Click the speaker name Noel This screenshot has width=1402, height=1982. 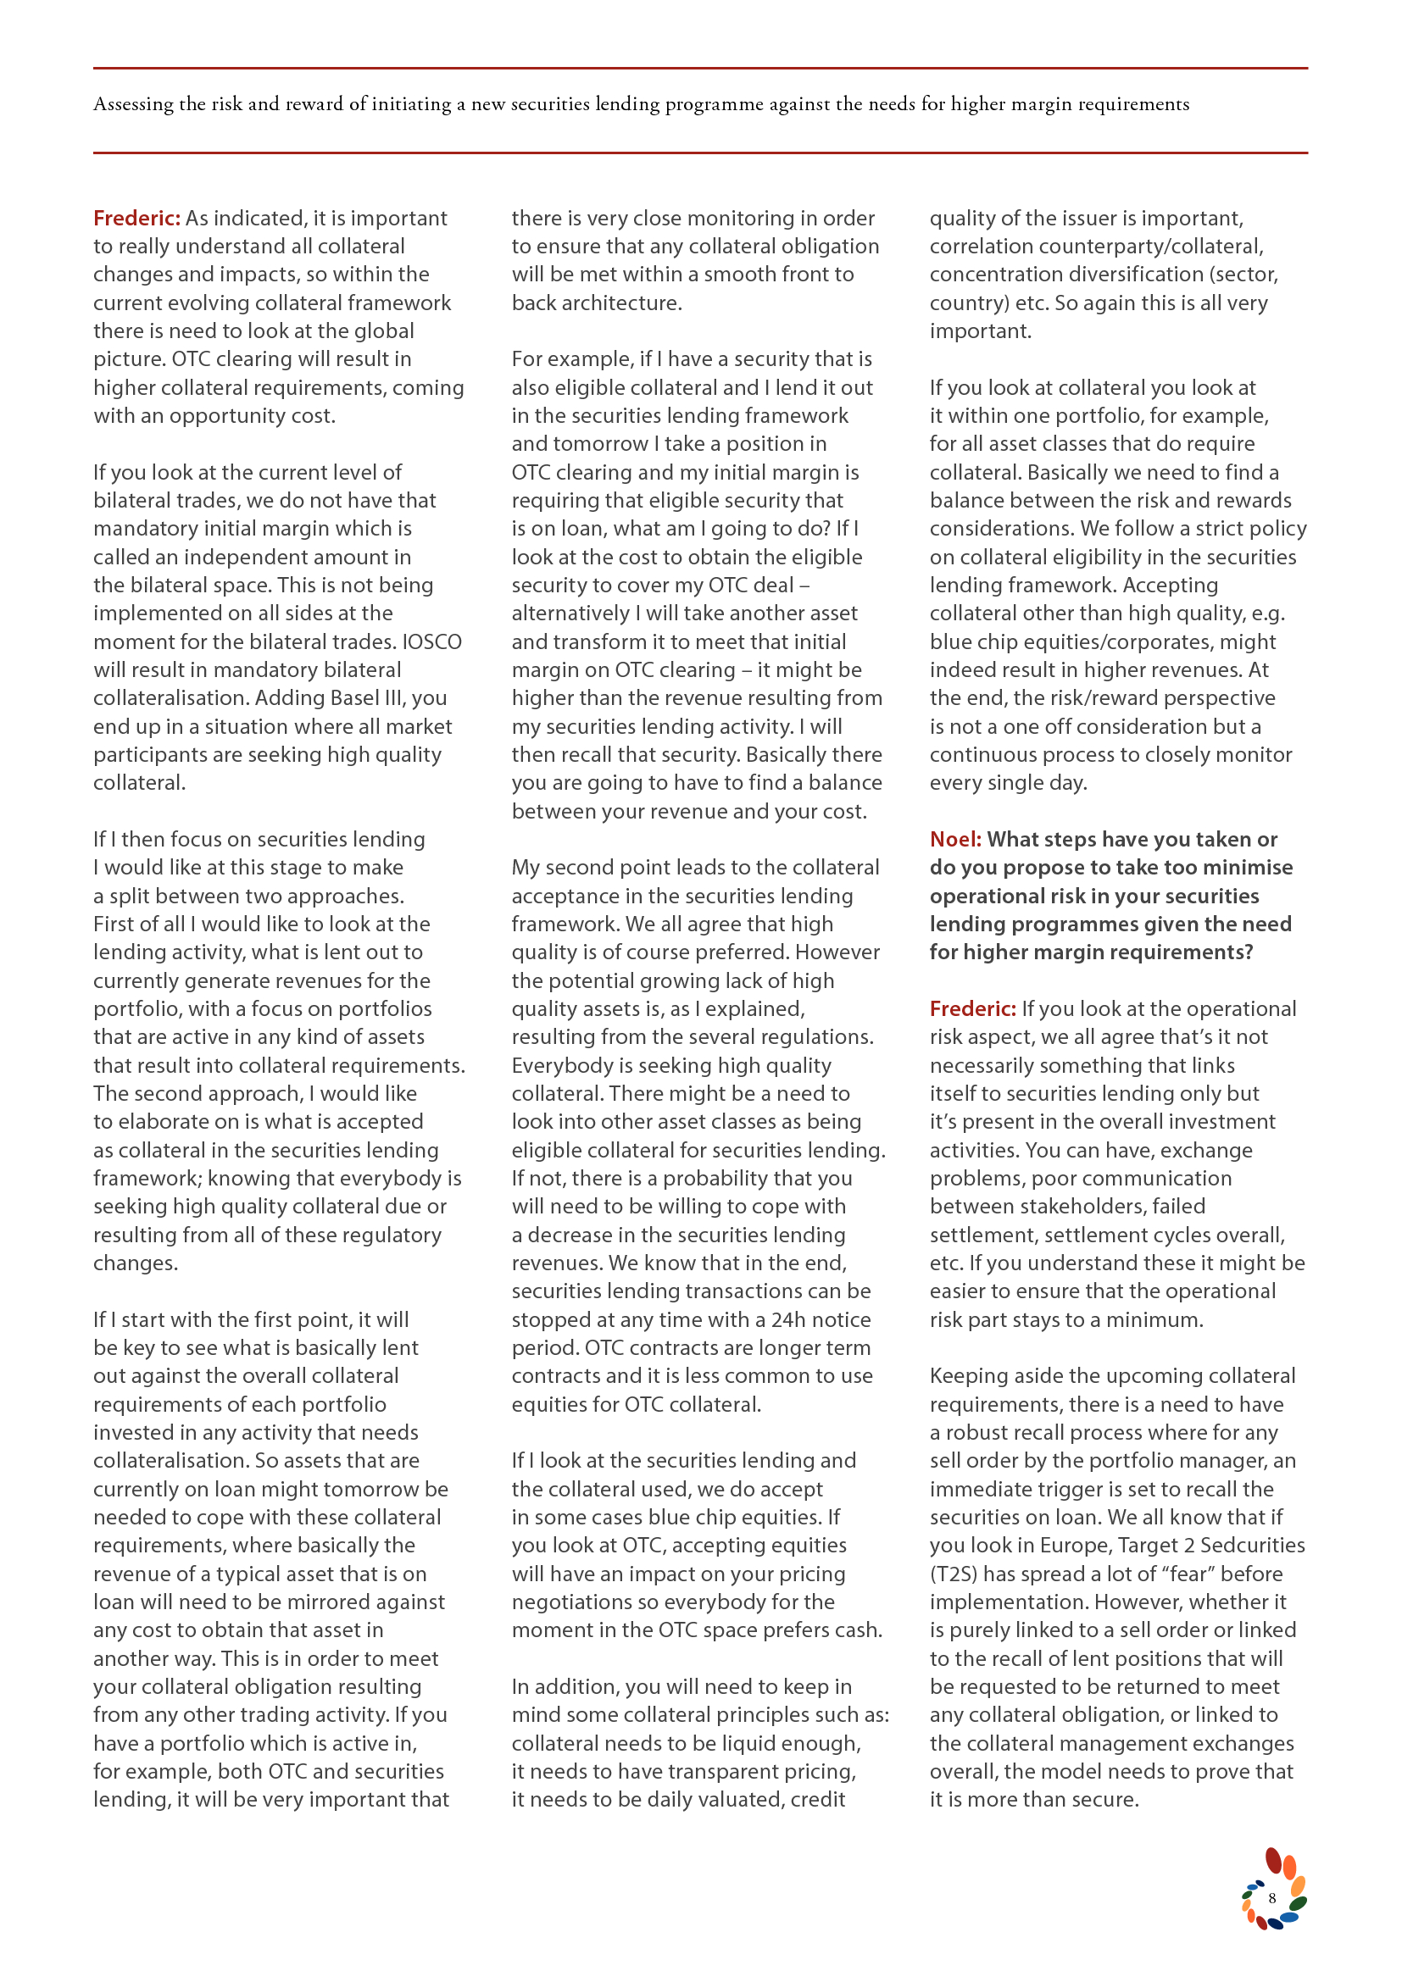(x=954, y=839)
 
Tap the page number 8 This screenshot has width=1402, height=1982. (x=1271, y=1898)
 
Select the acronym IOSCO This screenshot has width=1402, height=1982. (x=431, y=641)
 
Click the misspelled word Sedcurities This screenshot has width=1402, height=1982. (x=1253, y=1546)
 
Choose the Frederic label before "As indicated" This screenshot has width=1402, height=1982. (x=136, y=219)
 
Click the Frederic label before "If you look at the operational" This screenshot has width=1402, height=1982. (x=972, y=1009)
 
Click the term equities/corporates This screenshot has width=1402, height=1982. (x=1116, y=642)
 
